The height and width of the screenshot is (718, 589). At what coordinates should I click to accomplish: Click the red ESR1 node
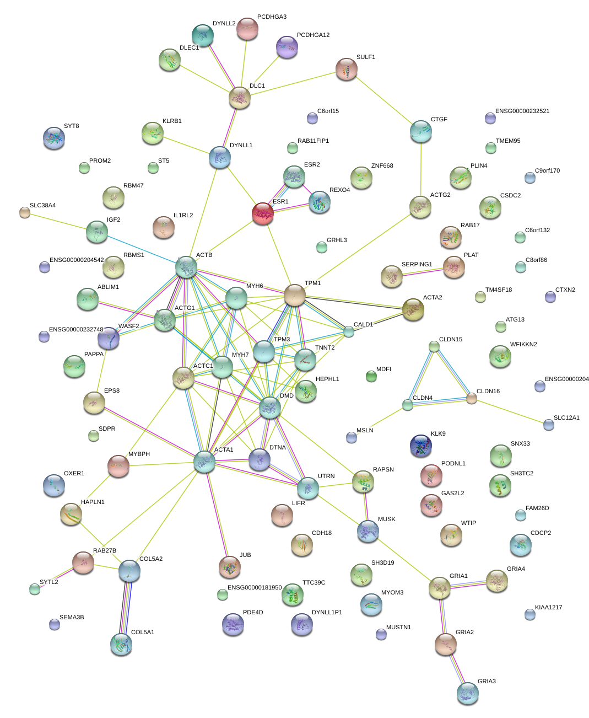coord(263,213)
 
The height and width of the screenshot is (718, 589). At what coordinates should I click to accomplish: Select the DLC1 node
coord(240,98)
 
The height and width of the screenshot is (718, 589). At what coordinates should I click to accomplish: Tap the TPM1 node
coord(295,295)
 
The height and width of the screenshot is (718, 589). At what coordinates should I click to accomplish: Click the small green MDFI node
coord(371,377)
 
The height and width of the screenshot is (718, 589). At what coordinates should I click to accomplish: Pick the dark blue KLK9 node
coord(421,446)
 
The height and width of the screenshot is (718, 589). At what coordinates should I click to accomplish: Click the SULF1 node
coord(347,69)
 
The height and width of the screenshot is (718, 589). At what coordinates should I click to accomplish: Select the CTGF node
coord(421,131)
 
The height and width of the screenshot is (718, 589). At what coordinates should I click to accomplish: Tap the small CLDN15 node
coord(434,346)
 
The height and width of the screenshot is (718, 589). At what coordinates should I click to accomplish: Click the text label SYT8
coord(72,126)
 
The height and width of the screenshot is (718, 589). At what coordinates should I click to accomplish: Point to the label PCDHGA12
coord(313,35)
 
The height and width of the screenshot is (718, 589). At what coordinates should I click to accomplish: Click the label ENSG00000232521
coord(522,111)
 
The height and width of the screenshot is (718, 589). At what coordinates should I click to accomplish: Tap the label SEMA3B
coord(72,618)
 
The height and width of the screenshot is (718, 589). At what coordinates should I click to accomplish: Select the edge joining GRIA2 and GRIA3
coord(456,668)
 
